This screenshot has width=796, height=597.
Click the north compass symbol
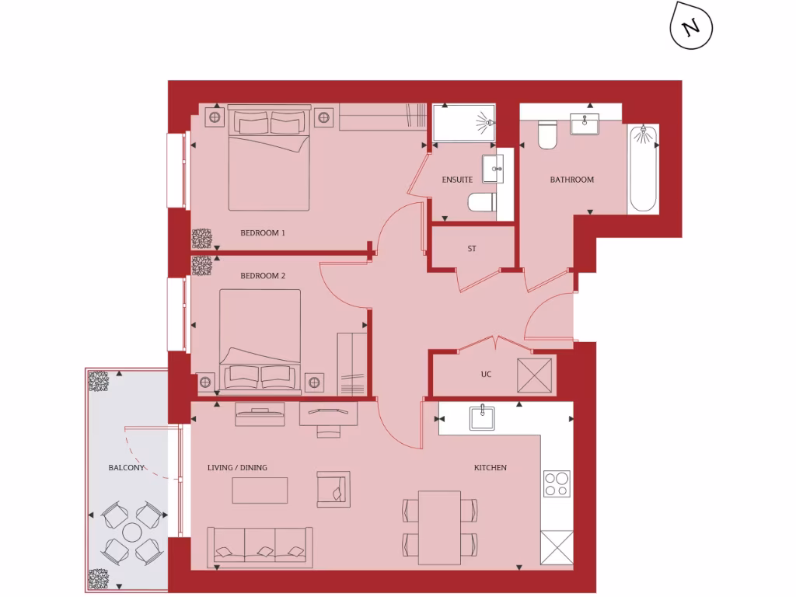(x=690, y=29)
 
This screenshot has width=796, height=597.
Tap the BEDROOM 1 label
(x=263, y=232)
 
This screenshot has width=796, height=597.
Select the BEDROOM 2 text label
(x=263, y=276)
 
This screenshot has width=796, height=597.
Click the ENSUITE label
(x=457, y=180)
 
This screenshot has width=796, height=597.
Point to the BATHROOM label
(x=571, y=180)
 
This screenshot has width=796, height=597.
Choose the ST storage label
(x=472, y=250)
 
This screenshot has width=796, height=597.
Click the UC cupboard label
(x=486, y=375)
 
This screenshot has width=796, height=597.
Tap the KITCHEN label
(x=491, y=468)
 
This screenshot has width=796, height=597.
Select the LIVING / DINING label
(x=237, y=468)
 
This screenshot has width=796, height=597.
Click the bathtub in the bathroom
(x=644, y=168)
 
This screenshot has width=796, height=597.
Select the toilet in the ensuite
(x=482, y=203)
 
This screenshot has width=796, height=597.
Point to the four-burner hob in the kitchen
(x=557, y=484)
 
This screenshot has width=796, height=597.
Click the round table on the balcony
(x=133, y=532)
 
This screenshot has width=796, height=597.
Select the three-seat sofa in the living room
(x=260, y=546)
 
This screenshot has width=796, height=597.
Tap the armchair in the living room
(x=333, y=490)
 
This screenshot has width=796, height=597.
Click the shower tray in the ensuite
(x=463, y=123)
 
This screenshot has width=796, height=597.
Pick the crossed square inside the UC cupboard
(x=536, y=375)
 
